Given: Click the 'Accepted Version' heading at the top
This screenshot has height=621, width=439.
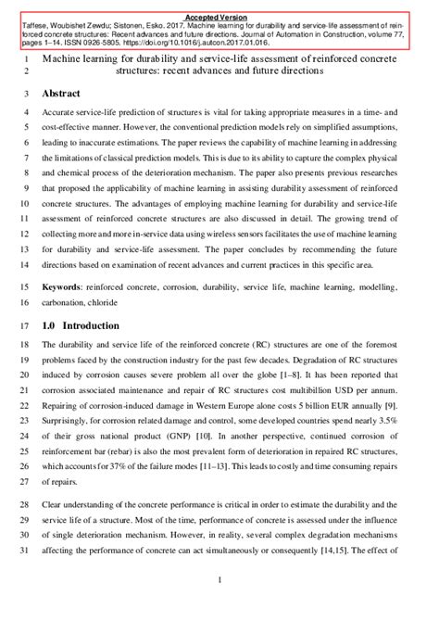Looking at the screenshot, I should pyautogui.click(x=219, y=17).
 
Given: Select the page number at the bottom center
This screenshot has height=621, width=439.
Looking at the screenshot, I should pyautogui.click(x=219, y=580).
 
